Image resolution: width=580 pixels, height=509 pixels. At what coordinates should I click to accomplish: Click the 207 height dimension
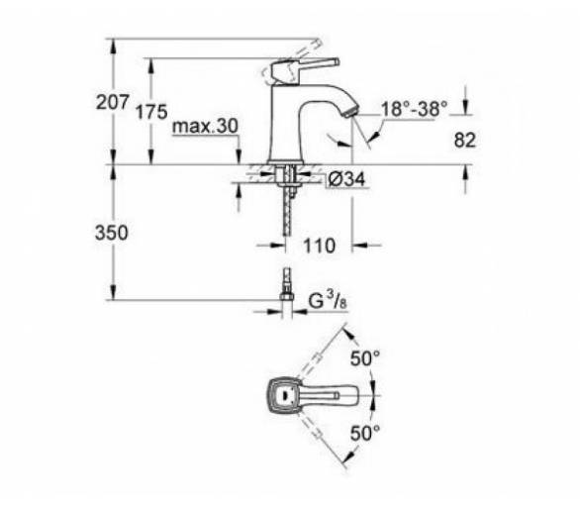tap(113, 102)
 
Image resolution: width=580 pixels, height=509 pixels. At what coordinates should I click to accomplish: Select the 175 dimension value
tap(151, 112)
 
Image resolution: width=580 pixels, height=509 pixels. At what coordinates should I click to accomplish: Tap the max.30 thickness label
tap(205, 127)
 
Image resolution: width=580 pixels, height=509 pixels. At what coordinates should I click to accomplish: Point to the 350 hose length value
tap(111, 233)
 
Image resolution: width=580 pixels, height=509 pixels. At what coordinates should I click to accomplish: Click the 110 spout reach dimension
tap(320, 246)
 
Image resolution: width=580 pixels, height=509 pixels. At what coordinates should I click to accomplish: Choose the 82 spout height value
tap(464, 141)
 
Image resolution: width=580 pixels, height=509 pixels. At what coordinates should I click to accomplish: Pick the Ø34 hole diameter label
tap(346, 179)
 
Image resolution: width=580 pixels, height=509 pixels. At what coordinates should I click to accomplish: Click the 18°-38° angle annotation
tap(414, 109)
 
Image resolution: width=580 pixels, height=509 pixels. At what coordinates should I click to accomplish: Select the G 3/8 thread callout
tap(328, 301)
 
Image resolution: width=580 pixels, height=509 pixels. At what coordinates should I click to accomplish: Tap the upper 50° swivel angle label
tap(365, 357)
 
